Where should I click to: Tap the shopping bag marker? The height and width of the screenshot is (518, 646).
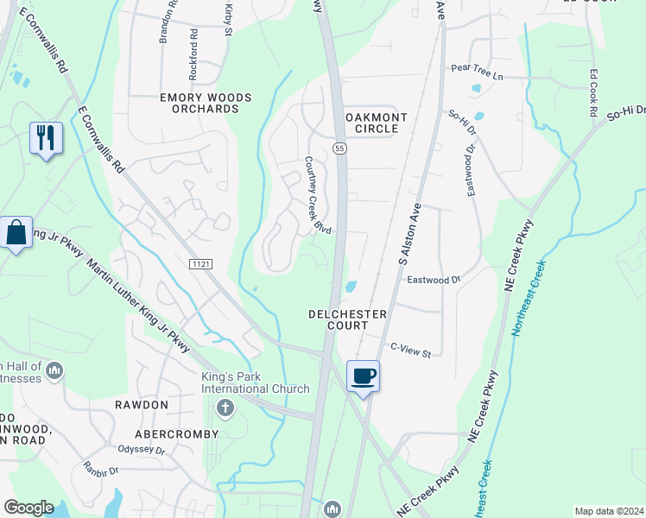pos(16,232)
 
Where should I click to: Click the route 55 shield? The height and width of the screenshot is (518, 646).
pos(340,148)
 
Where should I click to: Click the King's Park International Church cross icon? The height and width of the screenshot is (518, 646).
pos(225,407)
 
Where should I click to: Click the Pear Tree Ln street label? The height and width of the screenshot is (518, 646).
pos(477,75)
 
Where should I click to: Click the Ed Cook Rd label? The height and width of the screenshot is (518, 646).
pos(593,94)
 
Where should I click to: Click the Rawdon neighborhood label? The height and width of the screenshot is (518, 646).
pos(141,404)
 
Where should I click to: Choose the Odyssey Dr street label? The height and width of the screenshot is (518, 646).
pos(141,448)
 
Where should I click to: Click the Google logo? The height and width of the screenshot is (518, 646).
pos(28,508)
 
